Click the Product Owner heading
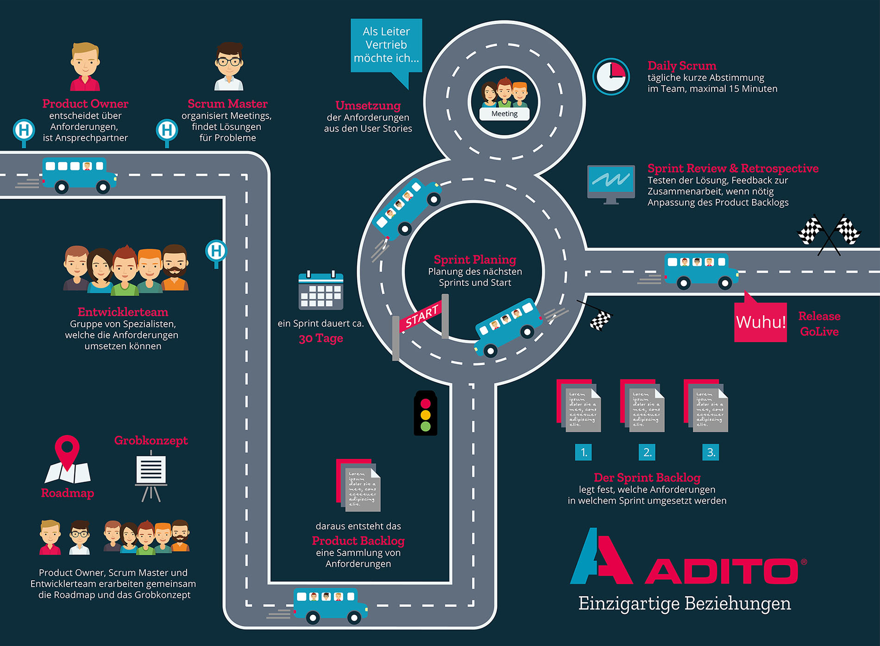coord(85,104)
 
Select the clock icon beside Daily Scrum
coord(611,76)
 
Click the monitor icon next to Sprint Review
coord(611,183)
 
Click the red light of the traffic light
coord(425,403)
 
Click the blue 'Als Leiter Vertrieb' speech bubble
coord(386,45)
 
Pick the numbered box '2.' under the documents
coord(647,452)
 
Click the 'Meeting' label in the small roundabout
coord(504,114)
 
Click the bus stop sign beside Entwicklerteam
coord(216,252)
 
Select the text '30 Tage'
coord(321,338)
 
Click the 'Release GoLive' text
coord(819,323)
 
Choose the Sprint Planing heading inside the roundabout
coord(475,260)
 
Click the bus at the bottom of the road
coord(330,604)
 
